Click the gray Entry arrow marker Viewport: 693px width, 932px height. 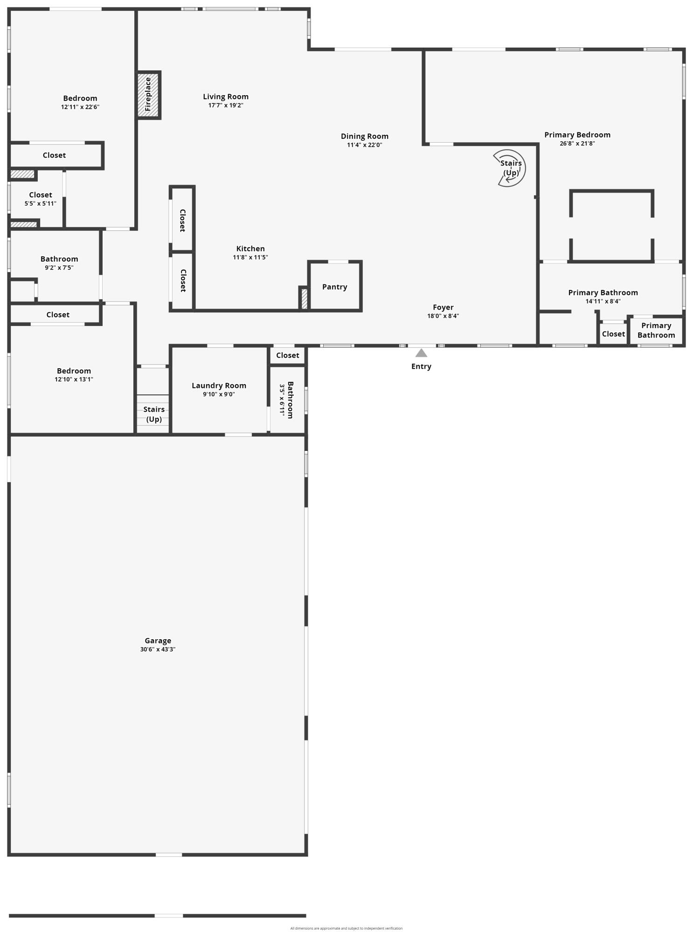[x=421, y=353]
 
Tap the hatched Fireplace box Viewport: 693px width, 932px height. [x=148, y=95]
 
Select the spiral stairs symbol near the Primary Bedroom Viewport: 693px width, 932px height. [x=510, y=168]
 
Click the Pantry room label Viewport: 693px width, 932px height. [x=334, y=287]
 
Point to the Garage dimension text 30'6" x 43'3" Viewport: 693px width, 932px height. [x=158, y=649]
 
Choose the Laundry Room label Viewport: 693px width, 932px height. [x=219, y=386]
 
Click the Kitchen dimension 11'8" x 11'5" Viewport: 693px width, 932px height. [x=250, y=257]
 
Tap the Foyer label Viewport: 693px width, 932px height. [x=443, y=307]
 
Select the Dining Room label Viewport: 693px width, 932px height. [x=364, y=136]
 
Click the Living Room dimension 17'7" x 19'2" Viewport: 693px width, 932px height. [x=226, y=105]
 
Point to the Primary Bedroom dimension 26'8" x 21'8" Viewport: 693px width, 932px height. [x=577, y=144]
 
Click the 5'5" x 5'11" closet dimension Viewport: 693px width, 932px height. [x=41, y=203]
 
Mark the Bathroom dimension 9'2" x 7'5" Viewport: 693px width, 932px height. [x=59, y=268]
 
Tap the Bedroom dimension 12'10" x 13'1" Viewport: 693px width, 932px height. [x=74, y=380]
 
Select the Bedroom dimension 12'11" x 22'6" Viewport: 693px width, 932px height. [x=80, y=107]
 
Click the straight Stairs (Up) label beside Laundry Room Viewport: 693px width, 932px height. [x=154, y=414]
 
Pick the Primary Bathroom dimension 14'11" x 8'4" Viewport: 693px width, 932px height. [x=603, y=301]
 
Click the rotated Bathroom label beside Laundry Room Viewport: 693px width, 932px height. [x=290, y=400]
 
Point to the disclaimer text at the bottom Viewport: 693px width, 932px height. [x=346, y=928]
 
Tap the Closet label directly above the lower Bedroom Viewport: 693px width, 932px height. [x=58, y=315]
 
